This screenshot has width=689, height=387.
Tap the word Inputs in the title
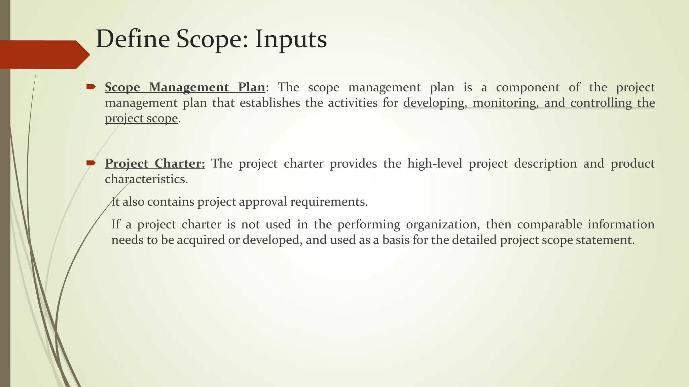pyautogui.click(x=291, y=40)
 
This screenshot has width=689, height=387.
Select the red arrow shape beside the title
pyautogui.click(x=44, y=54)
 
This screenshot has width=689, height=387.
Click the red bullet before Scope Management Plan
pyautogui.click(x=91, y=87)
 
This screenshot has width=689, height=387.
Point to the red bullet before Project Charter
pyautogui.click(x=91, y=163)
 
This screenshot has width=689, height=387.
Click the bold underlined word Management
pyautogui.click(x=189, y=87)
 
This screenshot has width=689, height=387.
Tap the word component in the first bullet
pyautogui.click(x=528, y=87)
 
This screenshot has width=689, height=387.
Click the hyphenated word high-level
pyautogui.click(x=435, y=164)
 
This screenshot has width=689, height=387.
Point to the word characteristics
pyautogui.click(x=146, y=179)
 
